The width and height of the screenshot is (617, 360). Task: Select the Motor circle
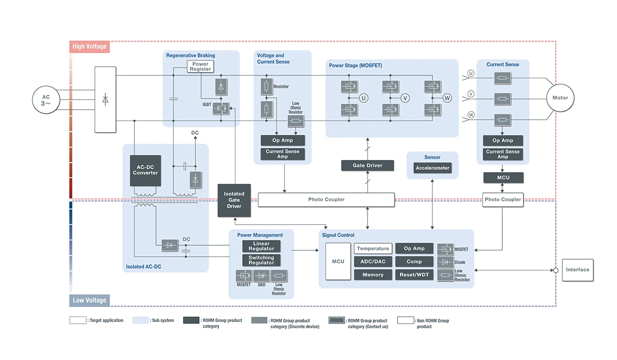560,98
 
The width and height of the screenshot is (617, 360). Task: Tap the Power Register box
200,67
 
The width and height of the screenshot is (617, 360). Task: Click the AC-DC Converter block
146,170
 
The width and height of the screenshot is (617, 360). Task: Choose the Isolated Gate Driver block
234,200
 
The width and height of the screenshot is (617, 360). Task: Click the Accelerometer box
432,168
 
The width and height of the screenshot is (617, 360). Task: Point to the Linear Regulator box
261,246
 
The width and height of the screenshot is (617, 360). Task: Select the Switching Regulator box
261,260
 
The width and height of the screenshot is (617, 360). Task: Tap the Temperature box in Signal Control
373,249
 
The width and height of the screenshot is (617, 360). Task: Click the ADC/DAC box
373,262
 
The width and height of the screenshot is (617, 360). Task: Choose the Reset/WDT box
414,275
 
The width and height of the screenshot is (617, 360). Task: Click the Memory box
373,275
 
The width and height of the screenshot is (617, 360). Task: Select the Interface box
577,270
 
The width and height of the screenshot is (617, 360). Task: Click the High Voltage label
89,47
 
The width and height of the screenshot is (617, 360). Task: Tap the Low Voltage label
89,300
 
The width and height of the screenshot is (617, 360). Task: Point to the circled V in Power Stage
405,98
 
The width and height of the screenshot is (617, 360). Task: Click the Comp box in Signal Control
414,262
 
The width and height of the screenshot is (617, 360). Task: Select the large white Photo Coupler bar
326,200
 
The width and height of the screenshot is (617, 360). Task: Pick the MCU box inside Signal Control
338,262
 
